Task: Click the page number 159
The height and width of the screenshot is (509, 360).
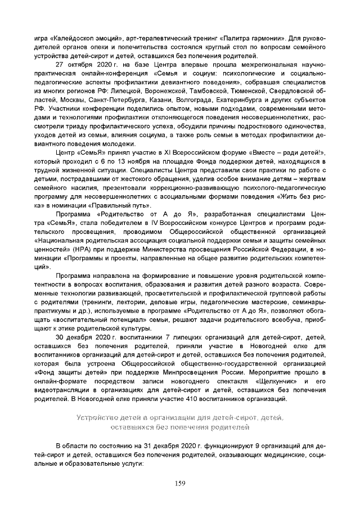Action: point(180,483)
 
